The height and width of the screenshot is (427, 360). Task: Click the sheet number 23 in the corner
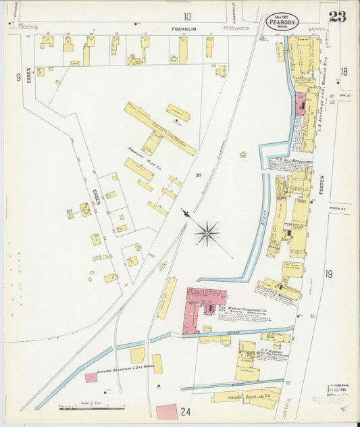pyautogui.click(x=337, y=17)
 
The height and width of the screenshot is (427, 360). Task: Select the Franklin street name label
pyautogui.click(x=183, y=29)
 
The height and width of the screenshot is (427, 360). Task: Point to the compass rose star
pyautogui.click(x=207, y=234)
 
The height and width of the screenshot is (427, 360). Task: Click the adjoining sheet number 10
pyautogui.click(x=186, y=16)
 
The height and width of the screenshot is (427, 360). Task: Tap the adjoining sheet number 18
pyautogui.click(x=344, y=72)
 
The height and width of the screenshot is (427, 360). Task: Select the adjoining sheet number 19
pyautogui.click(x=329, y=274)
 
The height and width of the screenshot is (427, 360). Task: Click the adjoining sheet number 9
pyautogui.click(x=18, y=78)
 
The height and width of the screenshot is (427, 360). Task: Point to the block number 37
pyautogui.click(x=199, y=176)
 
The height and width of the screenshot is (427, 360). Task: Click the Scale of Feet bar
pyautogui.click(x=91, y=408)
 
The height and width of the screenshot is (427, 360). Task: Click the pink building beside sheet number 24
pyautogui.click(x=166, y=411)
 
